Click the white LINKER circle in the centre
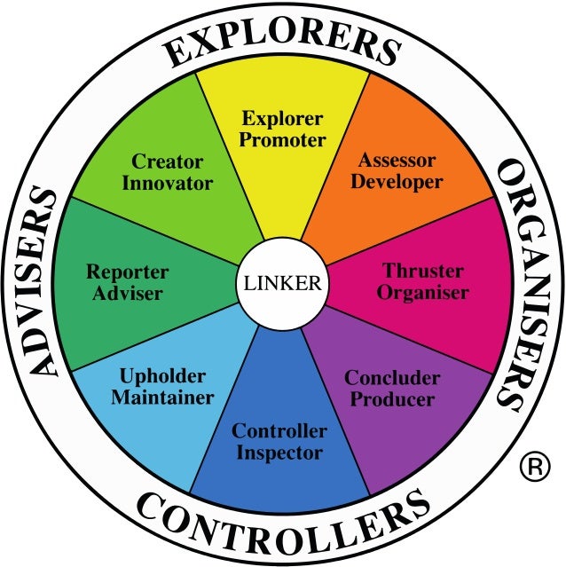(282, 284)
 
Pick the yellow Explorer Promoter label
(283, 129)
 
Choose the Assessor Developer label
(397, 171)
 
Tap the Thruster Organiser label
(424, 281)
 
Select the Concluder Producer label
(392, 389)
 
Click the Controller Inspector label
(279, 442)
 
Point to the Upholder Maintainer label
(162, 387)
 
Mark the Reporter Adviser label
(127, 281)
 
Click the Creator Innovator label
(168, 172)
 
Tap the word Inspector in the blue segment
(279, 453)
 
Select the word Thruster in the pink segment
(424, 270)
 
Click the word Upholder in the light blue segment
(162, 376)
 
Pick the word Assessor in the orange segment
(397, 161)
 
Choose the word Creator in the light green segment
(168, 161)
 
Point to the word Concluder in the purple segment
(392, 378)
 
